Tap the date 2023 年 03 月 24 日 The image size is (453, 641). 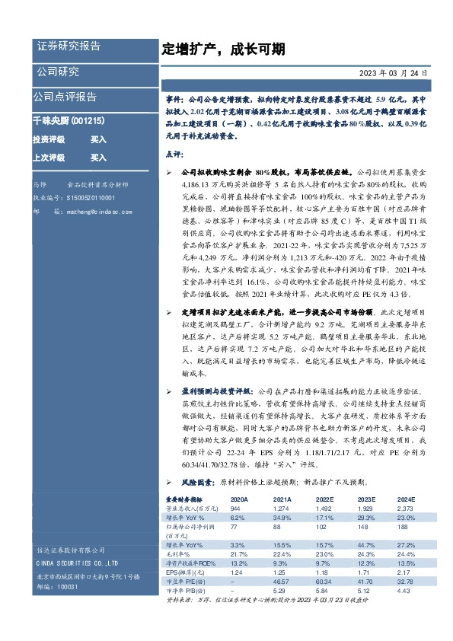point(394,74)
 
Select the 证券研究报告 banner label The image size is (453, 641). point(69,46)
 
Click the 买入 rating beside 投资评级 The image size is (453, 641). point(98,140)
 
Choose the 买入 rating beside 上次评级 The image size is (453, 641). point(98,158)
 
